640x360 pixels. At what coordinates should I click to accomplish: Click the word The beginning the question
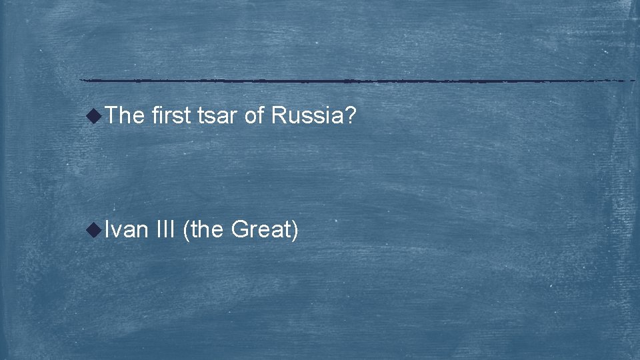coord(125,117)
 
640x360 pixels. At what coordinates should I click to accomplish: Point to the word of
coord(255,117)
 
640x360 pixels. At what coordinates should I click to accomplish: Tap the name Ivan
coord(126,230)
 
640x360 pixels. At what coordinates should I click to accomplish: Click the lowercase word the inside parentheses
coord(208,230)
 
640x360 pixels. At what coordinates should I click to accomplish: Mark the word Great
coord(261,230)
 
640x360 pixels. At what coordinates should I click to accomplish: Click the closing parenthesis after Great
coord(295,231)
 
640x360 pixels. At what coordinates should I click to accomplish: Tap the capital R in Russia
coord(277,117)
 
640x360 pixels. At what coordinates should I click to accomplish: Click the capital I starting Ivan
coord(107,230)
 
